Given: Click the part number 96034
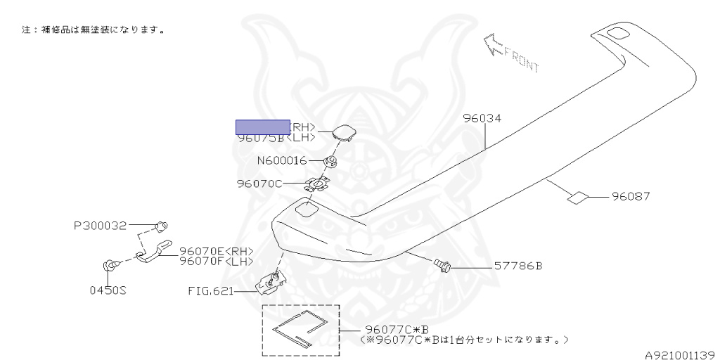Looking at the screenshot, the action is click(482, 120).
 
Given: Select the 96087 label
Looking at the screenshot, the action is click(631, 197).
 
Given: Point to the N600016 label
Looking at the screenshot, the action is click(281, 161).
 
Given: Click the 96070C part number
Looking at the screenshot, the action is click(259, 184).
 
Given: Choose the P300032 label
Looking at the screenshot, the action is click(100, 226).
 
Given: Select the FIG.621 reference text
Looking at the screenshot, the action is click(210, 290).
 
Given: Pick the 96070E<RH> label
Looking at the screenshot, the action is click(216, 251).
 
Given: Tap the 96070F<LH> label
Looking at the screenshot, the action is click(216, 261).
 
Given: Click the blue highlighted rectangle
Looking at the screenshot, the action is click(262, 127).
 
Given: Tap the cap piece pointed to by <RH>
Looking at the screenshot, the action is click(344, 131).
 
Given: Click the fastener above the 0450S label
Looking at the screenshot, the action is click(110, 265).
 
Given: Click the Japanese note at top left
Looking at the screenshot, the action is click(94, 31).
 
